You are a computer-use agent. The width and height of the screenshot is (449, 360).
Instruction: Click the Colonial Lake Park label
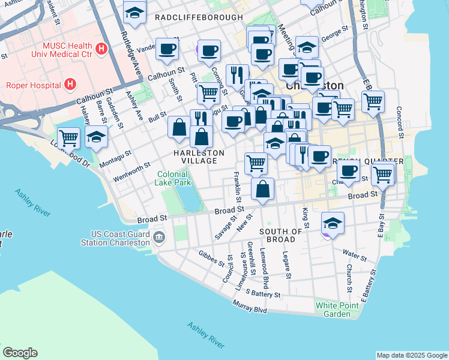[173, 178]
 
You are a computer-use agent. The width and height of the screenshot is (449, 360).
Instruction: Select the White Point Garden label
[333, 310]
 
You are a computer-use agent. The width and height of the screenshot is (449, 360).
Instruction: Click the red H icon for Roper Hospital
[71, 84]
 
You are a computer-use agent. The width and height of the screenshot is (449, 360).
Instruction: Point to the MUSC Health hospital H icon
[101, 47]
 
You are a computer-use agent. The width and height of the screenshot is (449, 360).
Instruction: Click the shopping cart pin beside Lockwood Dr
[68, 137]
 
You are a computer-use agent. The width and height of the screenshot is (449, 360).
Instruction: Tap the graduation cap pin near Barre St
[96, 136]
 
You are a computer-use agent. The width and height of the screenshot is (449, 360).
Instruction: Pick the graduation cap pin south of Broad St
[333, 223]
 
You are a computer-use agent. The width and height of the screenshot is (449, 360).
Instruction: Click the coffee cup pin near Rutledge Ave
[167, 49]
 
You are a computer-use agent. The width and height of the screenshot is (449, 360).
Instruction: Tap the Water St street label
[354, 256]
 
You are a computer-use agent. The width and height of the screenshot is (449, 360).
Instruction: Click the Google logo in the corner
[20, 353]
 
